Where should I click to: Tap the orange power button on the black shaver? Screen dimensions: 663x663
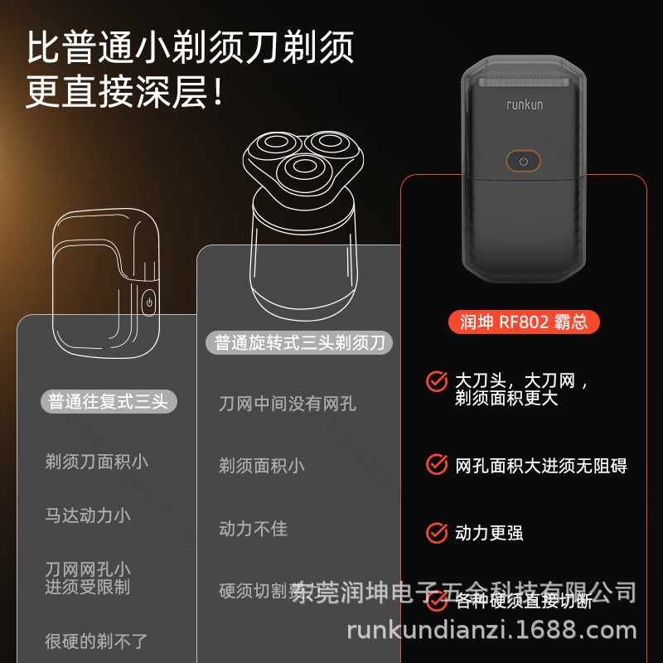[523, 161]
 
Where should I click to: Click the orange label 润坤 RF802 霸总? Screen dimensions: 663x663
[523, 322]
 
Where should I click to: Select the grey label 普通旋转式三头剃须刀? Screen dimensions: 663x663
[299, 342]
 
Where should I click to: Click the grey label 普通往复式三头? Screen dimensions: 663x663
[108, 402]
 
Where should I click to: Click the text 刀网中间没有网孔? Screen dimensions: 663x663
[287, 404]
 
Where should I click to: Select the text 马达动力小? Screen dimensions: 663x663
[88, 515]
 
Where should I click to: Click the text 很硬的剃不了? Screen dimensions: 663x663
[96, 641]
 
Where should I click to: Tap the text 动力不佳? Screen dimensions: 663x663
[253, 528]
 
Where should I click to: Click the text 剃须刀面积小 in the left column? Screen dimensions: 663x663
[96, 462]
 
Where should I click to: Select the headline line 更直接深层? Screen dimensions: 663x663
[124, 92]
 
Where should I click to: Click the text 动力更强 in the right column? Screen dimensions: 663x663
[489, 532]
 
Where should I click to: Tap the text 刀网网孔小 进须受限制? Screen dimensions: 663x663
[88, 578]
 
